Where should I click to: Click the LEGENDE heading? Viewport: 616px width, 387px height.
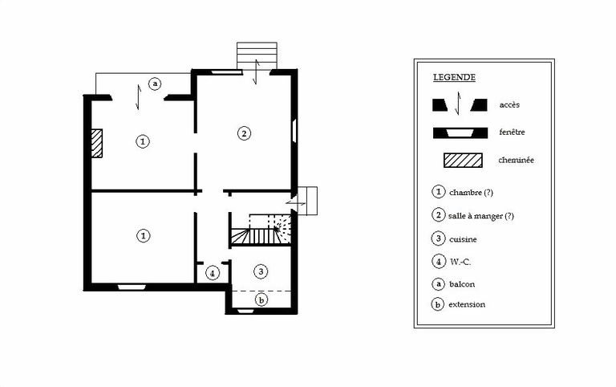[x=454, y=77]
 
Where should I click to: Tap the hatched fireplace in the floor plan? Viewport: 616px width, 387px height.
[x=96, y=143]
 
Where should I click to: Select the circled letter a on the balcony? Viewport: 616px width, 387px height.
[x=155, y=84]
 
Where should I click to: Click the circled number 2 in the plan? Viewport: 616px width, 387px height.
[x=244, y=133]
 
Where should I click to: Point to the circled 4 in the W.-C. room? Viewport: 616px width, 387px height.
[x=212, y=272]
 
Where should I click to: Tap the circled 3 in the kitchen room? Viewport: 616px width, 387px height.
[x=261, y=271]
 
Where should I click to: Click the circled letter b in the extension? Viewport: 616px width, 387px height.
[x=261, y=300]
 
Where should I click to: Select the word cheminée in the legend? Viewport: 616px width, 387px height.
[x=517, y=160]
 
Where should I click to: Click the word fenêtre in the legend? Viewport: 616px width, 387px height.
[x=512, y=132]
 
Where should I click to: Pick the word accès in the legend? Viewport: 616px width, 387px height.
[x=509, y=104]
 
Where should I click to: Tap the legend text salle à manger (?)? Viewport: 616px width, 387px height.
[x=481, y=216]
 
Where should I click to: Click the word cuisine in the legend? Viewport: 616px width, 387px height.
[x=463, y=239]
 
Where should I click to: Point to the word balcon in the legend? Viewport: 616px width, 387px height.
[x=462, y=284]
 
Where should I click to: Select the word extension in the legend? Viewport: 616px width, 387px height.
[x=467, y=304]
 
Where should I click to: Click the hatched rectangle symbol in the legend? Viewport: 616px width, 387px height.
[x=463, y=161]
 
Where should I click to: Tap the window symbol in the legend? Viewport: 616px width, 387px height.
[x=460, y=133]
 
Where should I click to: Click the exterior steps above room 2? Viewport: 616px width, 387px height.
[x=257, y=56]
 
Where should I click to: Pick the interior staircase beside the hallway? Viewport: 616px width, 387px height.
[x=261, y=230]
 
